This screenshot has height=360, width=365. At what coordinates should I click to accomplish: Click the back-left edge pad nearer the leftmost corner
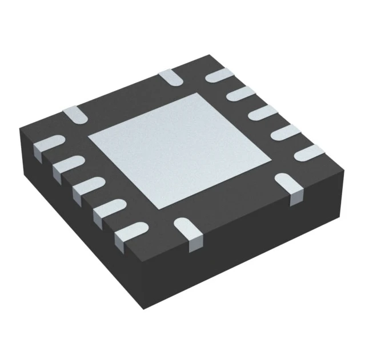point(74,114)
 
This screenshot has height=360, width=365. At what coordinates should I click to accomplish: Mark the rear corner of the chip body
point(211,55)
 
